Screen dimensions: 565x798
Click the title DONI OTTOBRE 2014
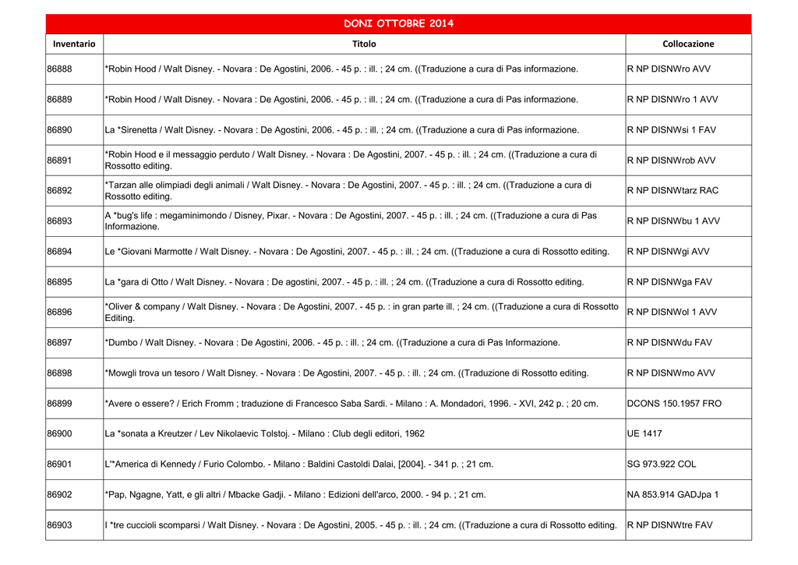398,23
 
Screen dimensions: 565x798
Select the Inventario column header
74,44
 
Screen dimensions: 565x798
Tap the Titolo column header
364,44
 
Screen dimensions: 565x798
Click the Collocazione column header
688,44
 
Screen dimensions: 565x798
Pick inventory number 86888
60,69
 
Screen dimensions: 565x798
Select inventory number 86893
60,221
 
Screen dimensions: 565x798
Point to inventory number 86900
60,434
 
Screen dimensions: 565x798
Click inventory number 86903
60,525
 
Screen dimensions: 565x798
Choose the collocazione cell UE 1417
644,434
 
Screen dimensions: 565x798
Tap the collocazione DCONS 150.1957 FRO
674,404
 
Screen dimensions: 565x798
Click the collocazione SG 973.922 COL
662,464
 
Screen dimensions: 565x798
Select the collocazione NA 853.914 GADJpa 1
673,495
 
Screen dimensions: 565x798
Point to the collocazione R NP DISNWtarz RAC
673,191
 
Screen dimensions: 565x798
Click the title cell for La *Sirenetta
341,130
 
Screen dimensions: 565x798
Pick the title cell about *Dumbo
333,343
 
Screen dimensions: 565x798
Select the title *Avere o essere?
351,404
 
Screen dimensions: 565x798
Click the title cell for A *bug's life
351,221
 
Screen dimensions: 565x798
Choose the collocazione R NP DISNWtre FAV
669,525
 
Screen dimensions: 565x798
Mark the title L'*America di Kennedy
299,464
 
